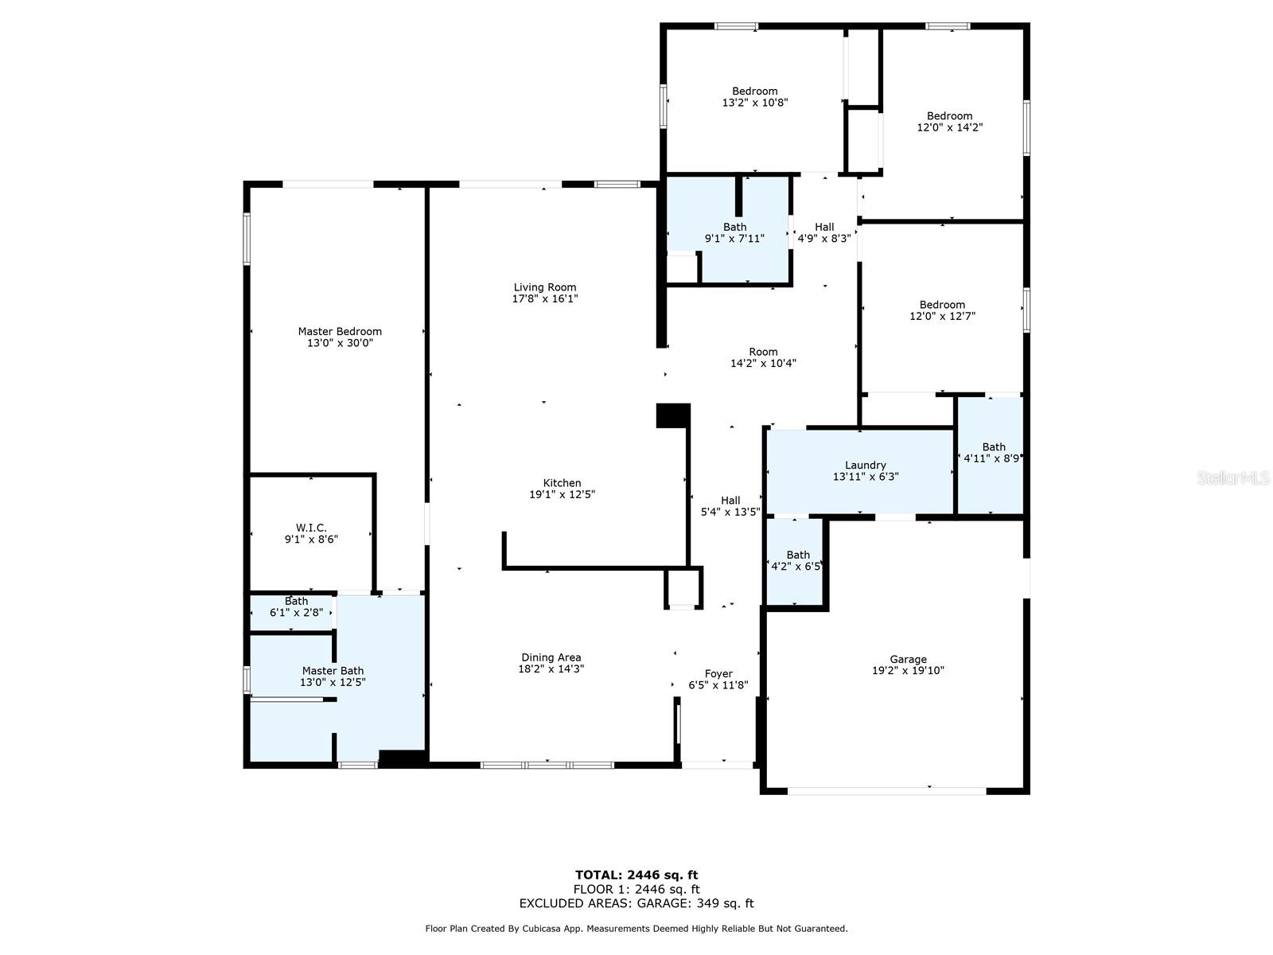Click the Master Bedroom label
340,331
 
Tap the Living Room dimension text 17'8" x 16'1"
544,298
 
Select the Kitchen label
562,482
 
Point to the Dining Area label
551,657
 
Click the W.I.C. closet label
311,528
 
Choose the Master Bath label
333,670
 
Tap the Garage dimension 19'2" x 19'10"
909,670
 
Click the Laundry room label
866,465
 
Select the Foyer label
718,673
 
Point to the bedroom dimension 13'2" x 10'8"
755,103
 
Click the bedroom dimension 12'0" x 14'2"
949,127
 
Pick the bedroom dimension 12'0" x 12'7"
943,316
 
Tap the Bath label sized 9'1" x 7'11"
735,227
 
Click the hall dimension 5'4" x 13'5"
730,512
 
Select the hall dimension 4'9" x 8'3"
824,238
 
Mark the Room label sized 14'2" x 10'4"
763,352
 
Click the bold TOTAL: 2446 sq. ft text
636,875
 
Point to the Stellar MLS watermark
1233,477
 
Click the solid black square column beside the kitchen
673,415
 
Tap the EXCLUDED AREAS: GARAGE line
636,903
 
